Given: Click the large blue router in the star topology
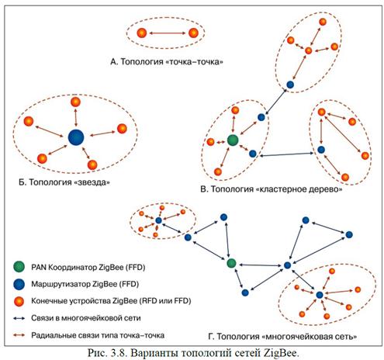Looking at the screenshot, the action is (76, 137).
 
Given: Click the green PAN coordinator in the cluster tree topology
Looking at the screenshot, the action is (233, 140).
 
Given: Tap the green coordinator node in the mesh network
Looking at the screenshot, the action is (231, 263).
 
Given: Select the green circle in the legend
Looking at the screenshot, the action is (19, 267).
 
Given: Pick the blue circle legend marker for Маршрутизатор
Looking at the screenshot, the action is (19, 284).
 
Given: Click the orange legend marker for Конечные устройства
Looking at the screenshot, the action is (19, 301).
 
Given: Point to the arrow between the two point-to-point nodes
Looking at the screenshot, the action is (168, 33).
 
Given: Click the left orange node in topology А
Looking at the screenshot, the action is (142, 33).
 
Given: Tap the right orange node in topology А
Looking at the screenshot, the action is (193, 33).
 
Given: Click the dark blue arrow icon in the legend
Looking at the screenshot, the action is (19, 318).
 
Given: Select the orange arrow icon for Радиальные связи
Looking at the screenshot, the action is (19, 335).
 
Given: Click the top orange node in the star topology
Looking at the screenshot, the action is (75, 102).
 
